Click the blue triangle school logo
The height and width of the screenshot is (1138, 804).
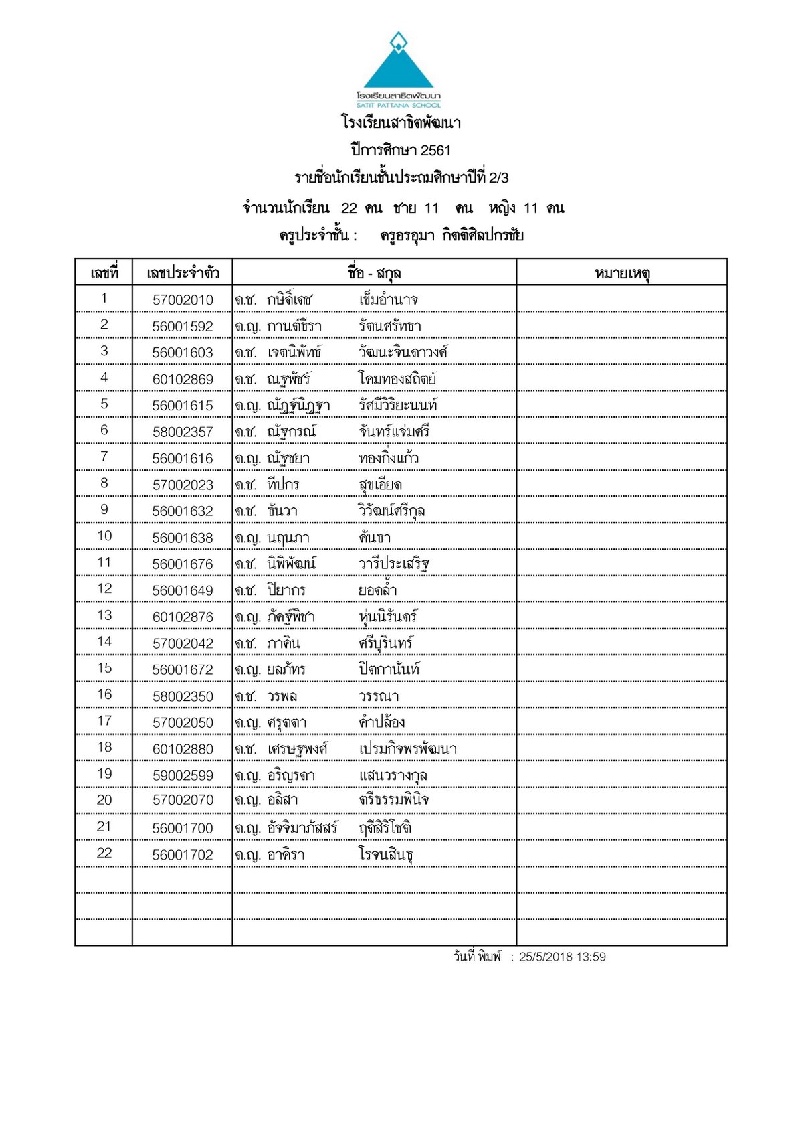[x=399, y=67]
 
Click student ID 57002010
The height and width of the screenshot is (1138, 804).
[x=183, y=300]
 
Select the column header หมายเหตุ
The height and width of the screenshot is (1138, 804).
[x=622, y=273]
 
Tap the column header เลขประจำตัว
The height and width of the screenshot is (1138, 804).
[x=183, y=273]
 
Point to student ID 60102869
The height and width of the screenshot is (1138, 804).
[x=183, y=380]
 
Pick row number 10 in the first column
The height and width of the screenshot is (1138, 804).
[x=104, y=536]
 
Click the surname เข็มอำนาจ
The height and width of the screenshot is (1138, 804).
[x=388, y=300]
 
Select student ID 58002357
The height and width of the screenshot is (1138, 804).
[x=183, y=432]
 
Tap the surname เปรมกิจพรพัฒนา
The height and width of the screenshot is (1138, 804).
[x=407, y=749]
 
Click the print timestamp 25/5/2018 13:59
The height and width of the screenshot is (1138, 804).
[x=562, y=957]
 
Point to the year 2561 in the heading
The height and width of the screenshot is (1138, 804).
[x=435, y=151]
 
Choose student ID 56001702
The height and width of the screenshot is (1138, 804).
[x=183, y=856]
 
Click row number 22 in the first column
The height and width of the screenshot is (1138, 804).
[x=104, y=853]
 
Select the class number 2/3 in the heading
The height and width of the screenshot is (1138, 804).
[x=498, y=178]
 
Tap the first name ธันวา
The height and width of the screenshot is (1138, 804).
[x=282, y=511]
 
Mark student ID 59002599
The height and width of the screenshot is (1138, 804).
[x=183, y=776]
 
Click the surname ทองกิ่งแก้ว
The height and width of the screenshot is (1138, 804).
[x=388, y=459]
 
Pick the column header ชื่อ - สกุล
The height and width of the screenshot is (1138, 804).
[x=374, y=273]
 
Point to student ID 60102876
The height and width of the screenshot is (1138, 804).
[x=183, y=617]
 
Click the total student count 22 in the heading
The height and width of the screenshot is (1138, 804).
[x=349, y=208]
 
